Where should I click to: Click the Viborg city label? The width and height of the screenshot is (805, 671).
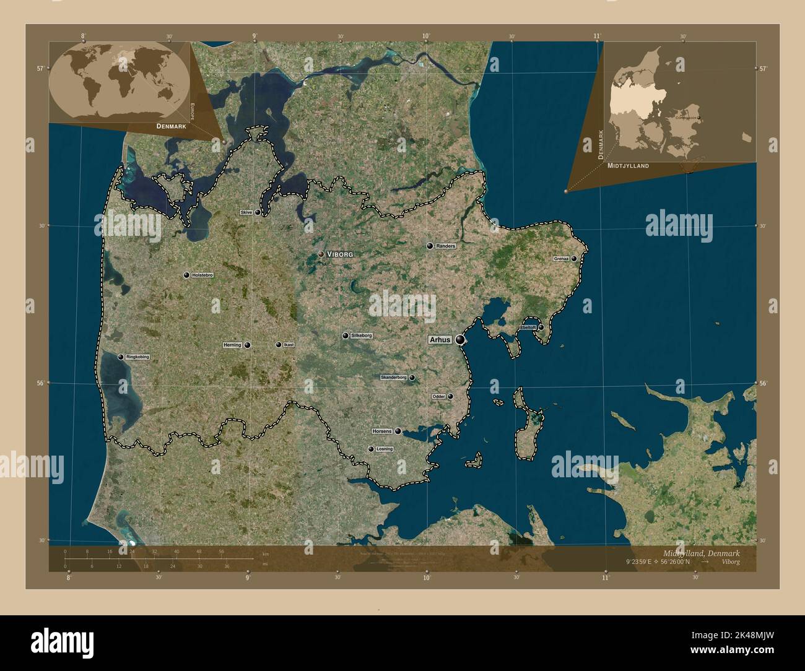point(340,254)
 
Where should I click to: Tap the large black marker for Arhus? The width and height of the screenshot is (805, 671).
point(460,339)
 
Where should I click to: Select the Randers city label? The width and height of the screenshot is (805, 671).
point(445,246)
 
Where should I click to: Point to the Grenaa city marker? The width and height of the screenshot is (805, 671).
point(574,259)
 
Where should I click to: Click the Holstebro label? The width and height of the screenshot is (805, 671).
point(202,275)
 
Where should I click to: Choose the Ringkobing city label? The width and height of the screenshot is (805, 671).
point(137,357)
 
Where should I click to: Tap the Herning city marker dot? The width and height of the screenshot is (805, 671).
point(248,345)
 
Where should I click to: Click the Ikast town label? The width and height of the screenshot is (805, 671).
point(289,345)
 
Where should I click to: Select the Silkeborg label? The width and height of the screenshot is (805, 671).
point(361,335)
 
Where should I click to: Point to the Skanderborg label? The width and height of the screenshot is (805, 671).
point(393,377)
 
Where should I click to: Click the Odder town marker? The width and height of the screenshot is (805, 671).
point(450,396)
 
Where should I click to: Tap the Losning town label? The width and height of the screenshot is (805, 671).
point(384,449)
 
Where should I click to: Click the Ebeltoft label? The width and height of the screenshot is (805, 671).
point(528,327)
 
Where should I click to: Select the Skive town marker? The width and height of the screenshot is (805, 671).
point(258,212)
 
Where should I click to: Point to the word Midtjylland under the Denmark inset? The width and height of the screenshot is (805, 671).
point(628,166)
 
